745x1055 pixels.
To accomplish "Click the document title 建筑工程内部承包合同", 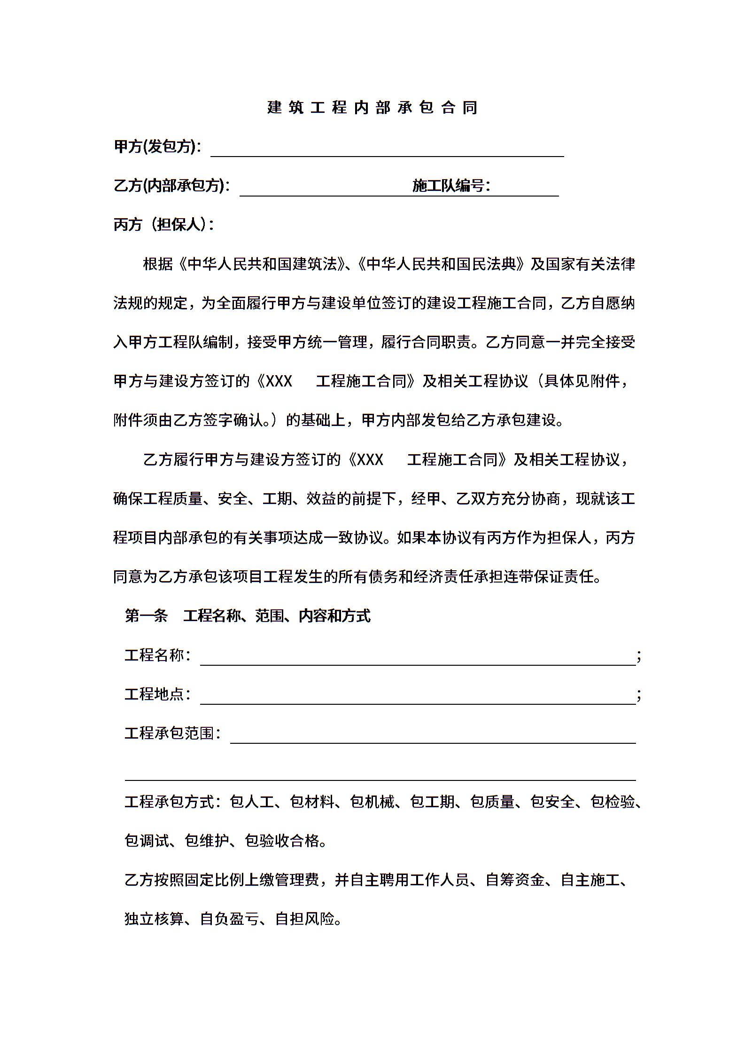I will [x=372, y=108].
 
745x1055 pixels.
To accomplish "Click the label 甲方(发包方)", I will [x=157, y=147].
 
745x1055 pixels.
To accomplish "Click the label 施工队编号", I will [x=450, y=186].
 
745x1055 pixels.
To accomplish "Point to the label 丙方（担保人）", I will [x=163, y=225].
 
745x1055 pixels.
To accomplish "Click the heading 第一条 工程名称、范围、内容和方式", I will [x=248, y=616].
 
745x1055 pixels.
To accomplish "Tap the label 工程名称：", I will [x=157, y=655].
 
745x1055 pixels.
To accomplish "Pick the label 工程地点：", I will [x=157, y=694].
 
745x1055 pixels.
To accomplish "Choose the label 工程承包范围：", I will [x=172, y=733].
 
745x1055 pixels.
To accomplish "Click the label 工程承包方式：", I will [x=172, y=802].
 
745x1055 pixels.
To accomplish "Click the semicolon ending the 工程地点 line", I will [x=639, y=695].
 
